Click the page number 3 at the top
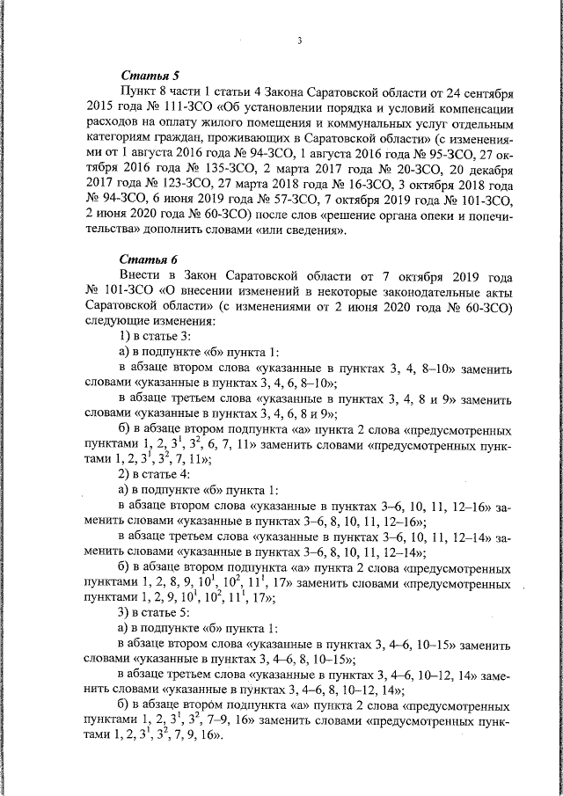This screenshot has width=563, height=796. pos(299,41)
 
